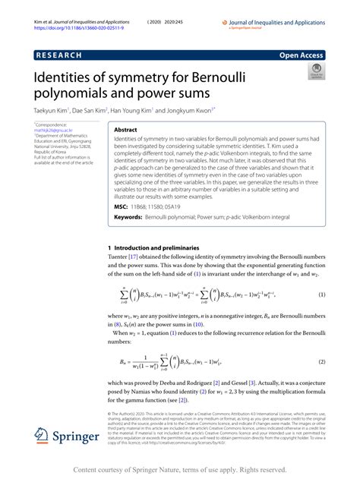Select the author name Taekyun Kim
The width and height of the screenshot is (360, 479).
coord(52,111)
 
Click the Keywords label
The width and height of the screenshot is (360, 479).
coord(128,218)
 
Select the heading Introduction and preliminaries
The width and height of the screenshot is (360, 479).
coord(166,247)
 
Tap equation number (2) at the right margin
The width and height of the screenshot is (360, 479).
coord(321,363)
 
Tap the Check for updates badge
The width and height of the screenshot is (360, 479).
coord(314,73)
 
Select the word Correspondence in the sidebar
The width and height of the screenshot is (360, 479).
coord(53,124)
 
